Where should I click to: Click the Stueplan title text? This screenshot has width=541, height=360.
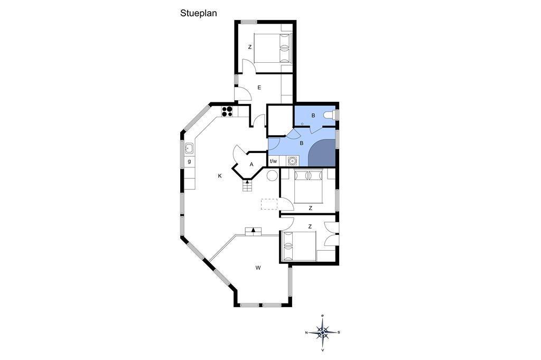tap(199, 13)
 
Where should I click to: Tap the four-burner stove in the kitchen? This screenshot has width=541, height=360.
tap(227, 111)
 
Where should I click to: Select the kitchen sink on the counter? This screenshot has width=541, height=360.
tap(189, 148)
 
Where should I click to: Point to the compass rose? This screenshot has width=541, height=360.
tap(322, 333)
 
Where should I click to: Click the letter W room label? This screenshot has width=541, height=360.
tap(258, 268)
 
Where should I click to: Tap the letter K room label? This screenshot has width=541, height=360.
tap(220, 176)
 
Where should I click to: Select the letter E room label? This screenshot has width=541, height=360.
tap(259, 88)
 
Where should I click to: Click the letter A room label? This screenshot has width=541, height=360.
tap(251, 165)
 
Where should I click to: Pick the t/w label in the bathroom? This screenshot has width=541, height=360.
tap(273, 161)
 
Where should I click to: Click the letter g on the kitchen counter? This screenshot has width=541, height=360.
tap(189, 162)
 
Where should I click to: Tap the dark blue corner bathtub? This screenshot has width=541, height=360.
tap(322, 153)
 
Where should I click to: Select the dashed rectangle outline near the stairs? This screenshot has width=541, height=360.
tap(269, 204)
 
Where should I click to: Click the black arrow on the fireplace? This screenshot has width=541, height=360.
tap(254, 230)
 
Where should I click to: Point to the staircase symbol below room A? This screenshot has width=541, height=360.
tap(247, 186)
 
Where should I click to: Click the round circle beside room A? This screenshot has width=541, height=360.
tap(272, 175)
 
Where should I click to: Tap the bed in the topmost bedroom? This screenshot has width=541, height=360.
tap(273, 48)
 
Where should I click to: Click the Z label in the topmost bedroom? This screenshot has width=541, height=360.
tap(250, 47)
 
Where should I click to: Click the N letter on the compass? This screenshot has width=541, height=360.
tap(306, 333)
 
